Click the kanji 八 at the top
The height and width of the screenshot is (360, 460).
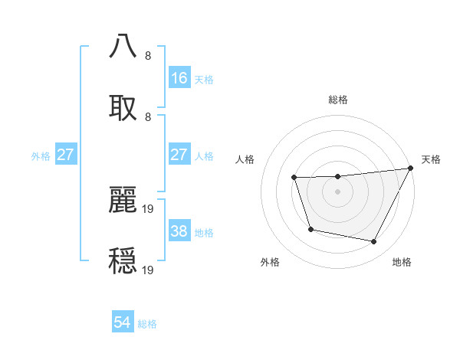[x=123, y=46]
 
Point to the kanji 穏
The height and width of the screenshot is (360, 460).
[x=123, y=260]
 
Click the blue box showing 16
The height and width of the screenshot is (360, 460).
[x=179, y=78]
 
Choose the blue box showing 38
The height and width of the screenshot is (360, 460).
[x=179, y=231]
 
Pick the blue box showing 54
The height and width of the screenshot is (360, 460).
[x=123, y=323]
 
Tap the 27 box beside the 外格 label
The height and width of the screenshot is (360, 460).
[x=65, y=155]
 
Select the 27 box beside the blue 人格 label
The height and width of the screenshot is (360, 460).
[x=179, y=155]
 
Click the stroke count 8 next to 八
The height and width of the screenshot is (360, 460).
[x=148, y=56]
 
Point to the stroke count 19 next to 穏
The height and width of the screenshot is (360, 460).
[x=149, y=270]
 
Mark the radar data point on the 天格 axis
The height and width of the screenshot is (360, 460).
[x=410, y=169]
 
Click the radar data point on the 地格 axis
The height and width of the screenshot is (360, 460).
[x=374, y=242]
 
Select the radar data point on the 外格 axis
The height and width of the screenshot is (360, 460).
[x=310, y=229]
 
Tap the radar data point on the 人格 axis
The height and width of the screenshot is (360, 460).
[x=294, y=178]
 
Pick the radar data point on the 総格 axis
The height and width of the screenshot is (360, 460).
[x=337, y=177]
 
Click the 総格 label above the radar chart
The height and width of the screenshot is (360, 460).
[x=338, y=100]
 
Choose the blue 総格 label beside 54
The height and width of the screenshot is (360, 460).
[x=147, y=324]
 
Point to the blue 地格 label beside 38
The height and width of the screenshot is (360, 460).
[x=204, y=232]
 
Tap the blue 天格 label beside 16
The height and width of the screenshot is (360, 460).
[x=204, y=79]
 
